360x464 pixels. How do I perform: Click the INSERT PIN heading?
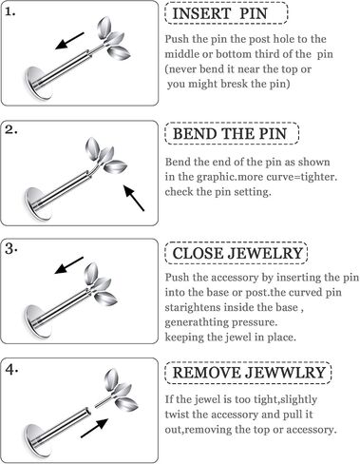pyautogui.click(x=219, y=13)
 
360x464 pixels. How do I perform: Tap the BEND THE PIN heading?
pyautogui.click(x=230, y=134)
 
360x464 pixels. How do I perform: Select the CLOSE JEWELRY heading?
pyautogui.click(x=237, y=253)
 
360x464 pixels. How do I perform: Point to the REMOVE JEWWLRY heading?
pyautogui.click(x=249, y=373)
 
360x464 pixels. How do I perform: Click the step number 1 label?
pyautogui.click(x=10, y=12)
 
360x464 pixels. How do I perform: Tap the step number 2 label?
pyautogui.click(x=10, y=130)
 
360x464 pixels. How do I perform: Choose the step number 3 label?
pyautogui.click(x=10, y=249)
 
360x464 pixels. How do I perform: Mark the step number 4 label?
pyautogui.click(x=11, y=369)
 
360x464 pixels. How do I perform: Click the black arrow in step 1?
pyautogui.click(x=69, y=41)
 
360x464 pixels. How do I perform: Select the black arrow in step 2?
pyautogui.click(x=134, y=198)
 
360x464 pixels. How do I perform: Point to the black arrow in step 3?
pyautogui.click(x=69, y=265)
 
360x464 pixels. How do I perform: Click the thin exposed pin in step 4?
pyautogui.click(x=103, y=400)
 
